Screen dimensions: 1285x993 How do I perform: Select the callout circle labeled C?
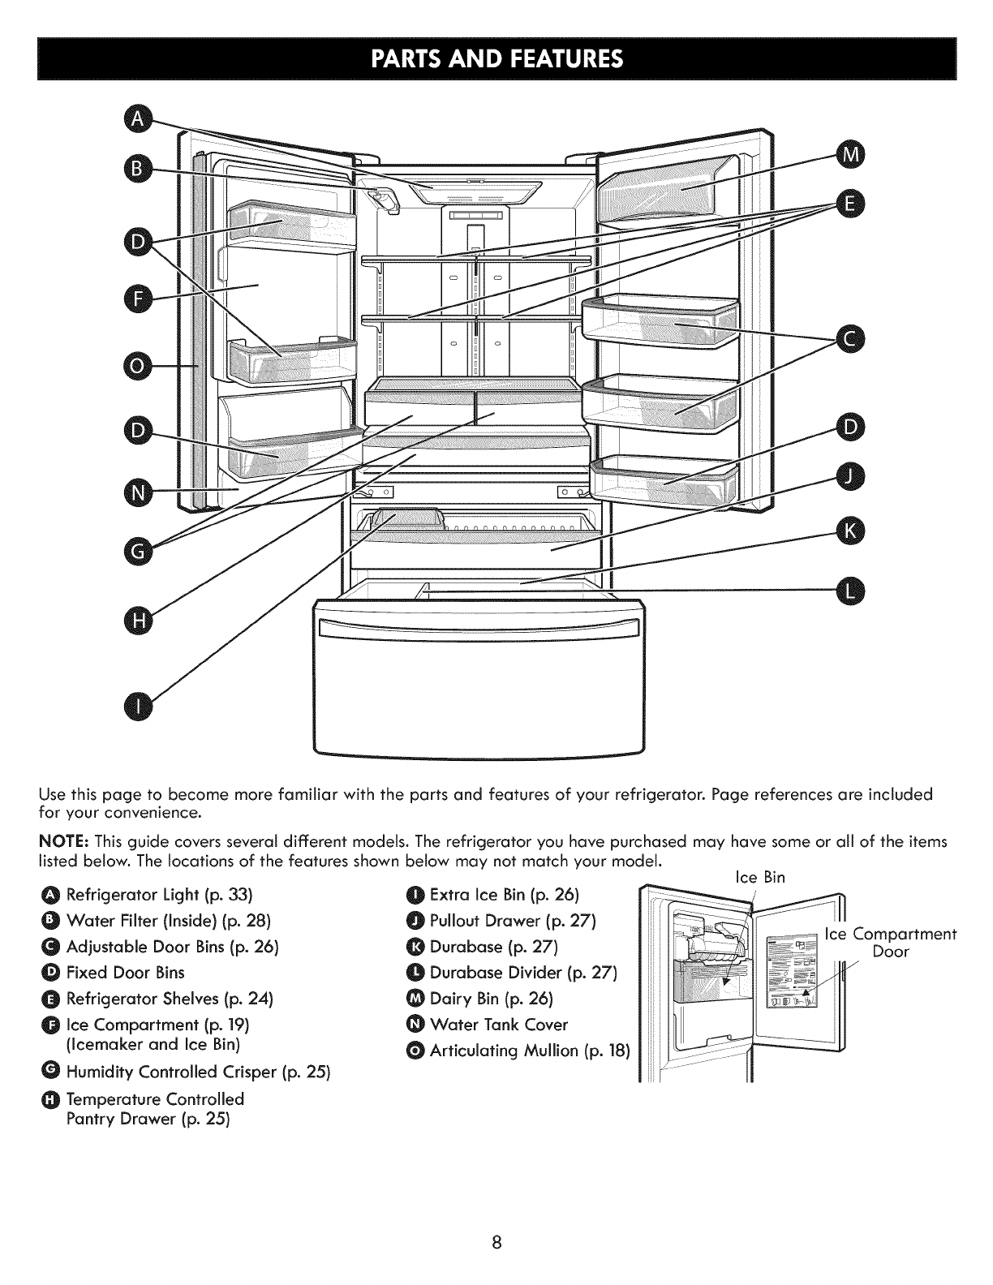(851, 339)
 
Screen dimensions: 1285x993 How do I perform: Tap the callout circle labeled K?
(851, 531)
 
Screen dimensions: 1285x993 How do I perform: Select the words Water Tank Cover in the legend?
(499, 1024)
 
